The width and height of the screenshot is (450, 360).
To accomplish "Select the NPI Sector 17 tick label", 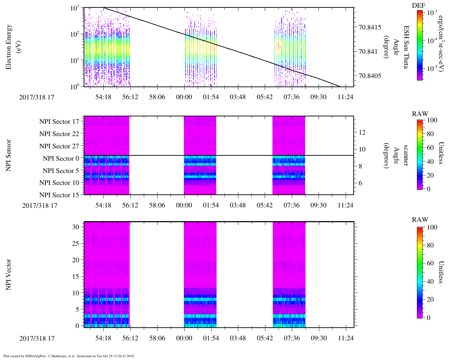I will click(x=59, y=122).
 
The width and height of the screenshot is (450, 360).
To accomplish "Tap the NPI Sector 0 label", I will click(x=61, y=159).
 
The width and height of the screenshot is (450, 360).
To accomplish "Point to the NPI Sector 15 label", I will click(x=59, y=195).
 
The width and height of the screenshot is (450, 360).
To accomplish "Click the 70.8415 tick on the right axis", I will click(x=370, y=27).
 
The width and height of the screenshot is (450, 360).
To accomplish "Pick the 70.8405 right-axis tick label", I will click(x=370, y=76).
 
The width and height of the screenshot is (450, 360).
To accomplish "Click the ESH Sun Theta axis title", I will click(x=406, y=47).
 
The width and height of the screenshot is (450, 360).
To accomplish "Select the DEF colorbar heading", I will click(x=418, y=5).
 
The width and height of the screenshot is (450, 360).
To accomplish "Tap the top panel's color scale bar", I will click(x=420, y=45).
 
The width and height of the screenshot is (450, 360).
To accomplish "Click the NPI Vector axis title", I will click(x=9, y=275).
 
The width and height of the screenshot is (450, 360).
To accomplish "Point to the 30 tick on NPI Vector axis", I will click(x=76, y=227).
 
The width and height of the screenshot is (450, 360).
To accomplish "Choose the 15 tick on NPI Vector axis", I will click(x=76, y=277).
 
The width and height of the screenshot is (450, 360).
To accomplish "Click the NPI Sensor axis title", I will click(x=9, y=155).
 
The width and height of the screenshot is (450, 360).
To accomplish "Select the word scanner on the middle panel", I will click(x=406, y=155).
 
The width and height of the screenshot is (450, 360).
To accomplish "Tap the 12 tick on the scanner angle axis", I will click(x=362, y=133).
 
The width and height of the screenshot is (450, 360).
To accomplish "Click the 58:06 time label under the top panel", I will click(x=157, y=97).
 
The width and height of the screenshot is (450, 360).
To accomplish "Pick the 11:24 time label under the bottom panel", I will click(x=346, y=338).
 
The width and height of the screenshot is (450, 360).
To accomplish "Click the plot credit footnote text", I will click(x=69, y=356).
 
